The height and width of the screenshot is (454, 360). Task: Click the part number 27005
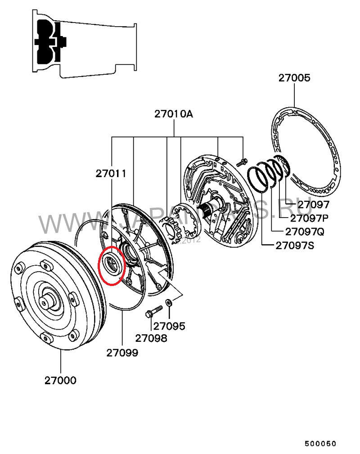pyautogui.click(x=294, y=78)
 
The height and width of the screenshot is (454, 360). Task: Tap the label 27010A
pyautogui.click(x=174, y=114)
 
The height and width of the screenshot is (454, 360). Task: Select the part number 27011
pyautogui.click(x=111, y=173)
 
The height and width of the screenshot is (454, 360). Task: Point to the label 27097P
pyautogui.click(x=309, y=218)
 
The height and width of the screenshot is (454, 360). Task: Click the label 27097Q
pyautogui.click(x=304, y=232)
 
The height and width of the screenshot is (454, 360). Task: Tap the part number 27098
pyautogui.click(x=151, y=338)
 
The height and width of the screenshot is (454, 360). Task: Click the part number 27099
pyautogui.click(x=122, y=353)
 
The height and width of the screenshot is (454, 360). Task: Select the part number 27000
pyautogui.click(x=60, y=381)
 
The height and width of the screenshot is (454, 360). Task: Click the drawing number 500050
pyautogui.click(x=320, y=444)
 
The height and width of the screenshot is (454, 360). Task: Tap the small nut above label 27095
pyautogui.click(x=168, y=302)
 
